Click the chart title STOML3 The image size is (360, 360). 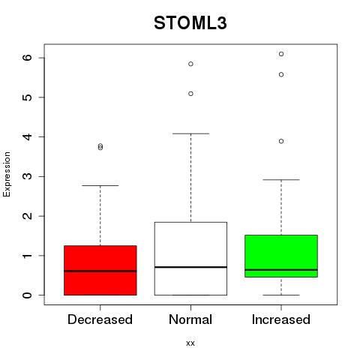coord(190,23)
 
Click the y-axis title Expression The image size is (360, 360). coord(7,174)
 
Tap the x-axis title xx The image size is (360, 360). coord(190,343)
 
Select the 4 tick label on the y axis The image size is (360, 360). coord(28,136)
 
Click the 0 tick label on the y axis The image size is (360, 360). coord(28,295)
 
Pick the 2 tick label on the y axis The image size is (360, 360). coord(28,216)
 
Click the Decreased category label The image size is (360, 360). coord(100,319)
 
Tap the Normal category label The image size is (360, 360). coord(190,319)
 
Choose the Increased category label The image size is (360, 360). coord(281,319)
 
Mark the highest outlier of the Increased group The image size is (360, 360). coord(281,54)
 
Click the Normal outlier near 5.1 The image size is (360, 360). coord(190,94)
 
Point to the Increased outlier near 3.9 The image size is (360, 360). coord(281,142)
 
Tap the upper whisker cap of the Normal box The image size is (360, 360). coord(190,133)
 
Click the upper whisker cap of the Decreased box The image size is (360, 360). coord(100,185)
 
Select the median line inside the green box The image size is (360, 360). coord(281,270)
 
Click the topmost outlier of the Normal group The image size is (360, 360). coord(190,64)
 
